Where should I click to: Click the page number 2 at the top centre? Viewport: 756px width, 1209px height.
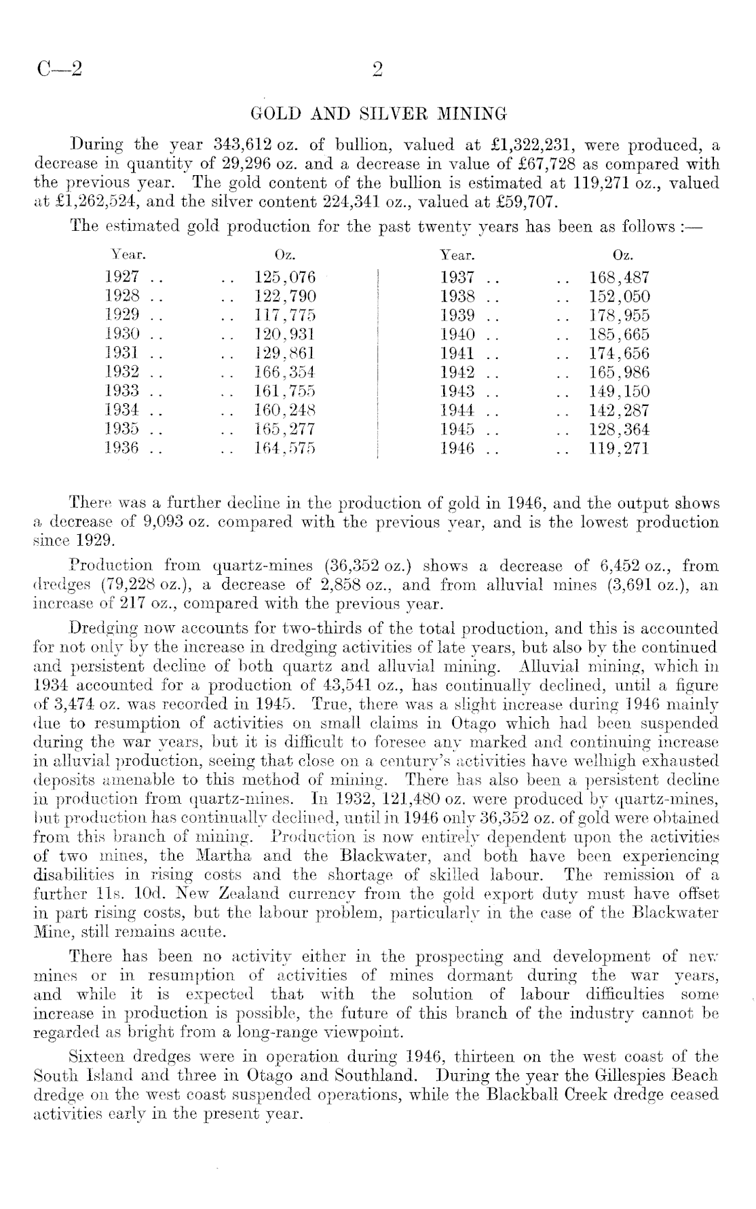coord(377,70)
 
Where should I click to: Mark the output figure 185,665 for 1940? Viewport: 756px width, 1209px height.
coord(618,334)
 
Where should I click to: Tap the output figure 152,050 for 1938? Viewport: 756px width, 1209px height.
coord(618,296)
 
